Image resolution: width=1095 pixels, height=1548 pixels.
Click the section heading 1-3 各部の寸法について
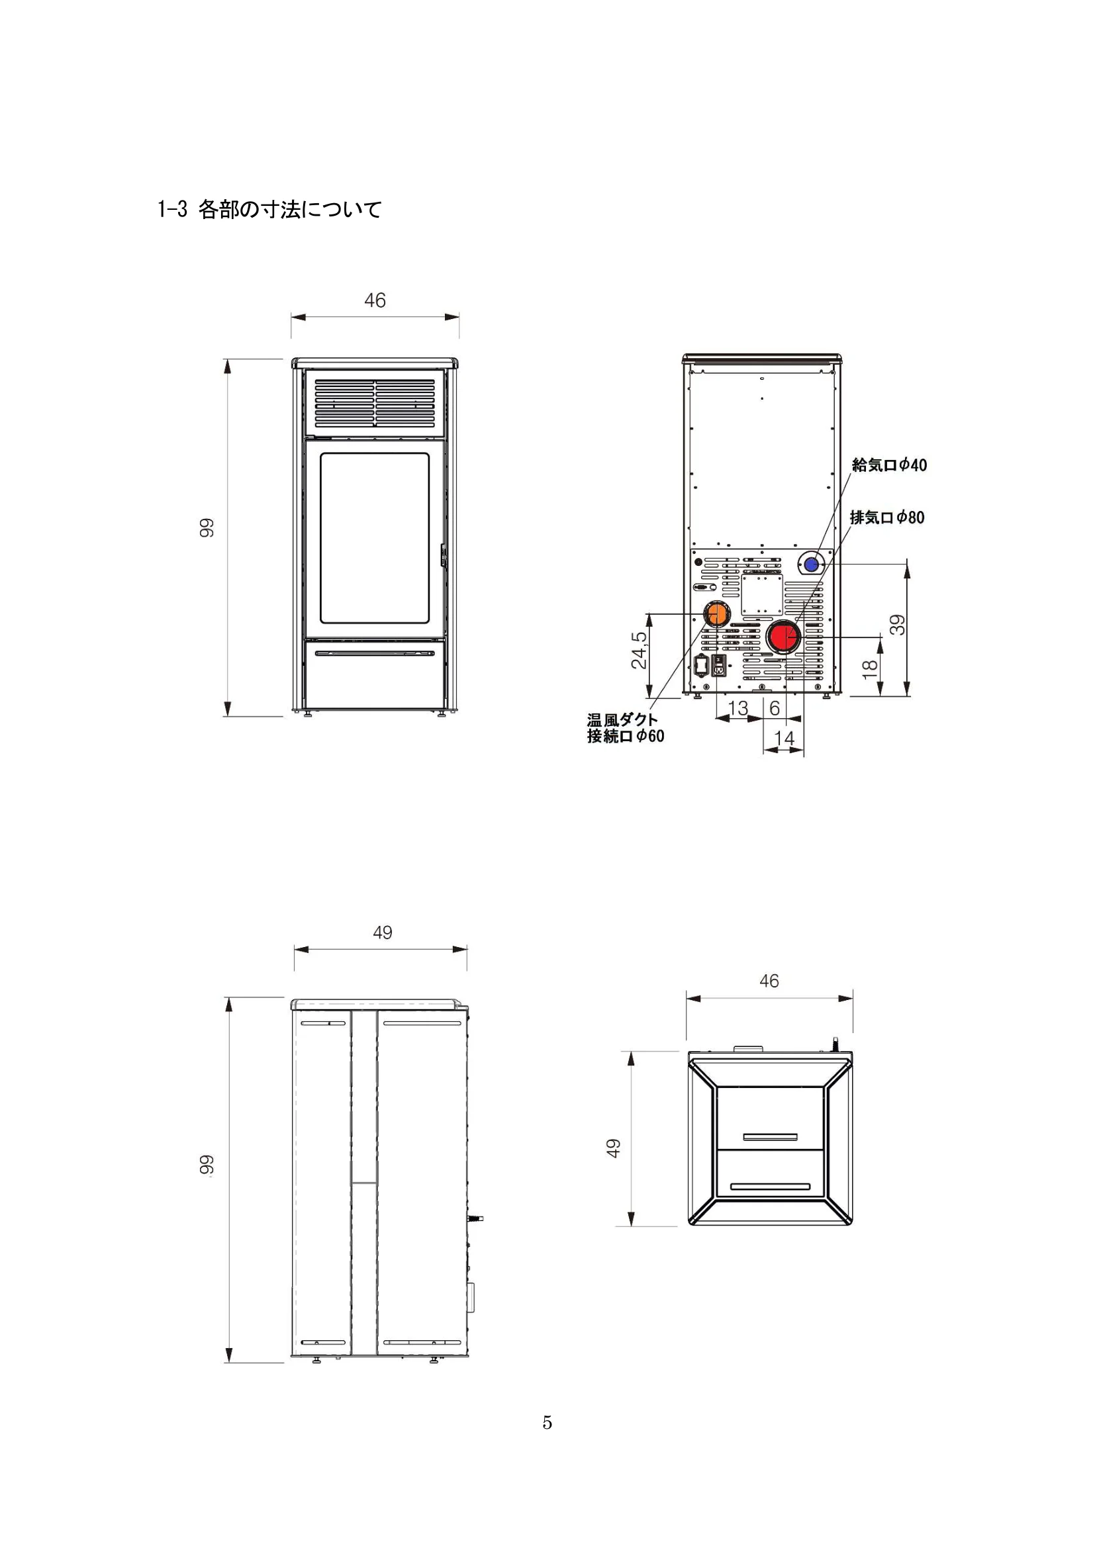point(269,209)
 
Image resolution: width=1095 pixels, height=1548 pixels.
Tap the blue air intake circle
point(811,564)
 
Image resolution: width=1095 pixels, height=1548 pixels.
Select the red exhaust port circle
point(783,637)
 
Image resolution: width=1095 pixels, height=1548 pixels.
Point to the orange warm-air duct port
point(716,614)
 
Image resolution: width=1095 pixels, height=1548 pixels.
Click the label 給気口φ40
point(888,465)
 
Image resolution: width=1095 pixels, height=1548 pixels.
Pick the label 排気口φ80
point(886,517)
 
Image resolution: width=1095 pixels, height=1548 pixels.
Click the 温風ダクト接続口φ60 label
point(625,728)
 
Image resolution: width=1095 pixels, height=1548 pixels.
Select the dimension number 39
point(898,625)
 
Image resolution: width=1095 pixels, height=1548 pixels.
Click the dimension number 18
point(870,668)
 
